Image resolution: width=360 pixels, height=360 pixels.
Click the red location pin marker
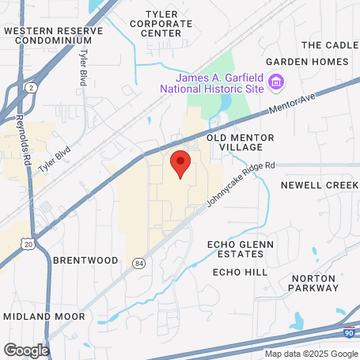point(180,164)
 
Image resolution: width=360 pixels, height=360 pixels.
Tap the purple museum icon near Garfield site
point(276,81)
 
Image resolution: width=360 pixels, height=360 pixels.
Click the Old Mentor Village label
point(241,142)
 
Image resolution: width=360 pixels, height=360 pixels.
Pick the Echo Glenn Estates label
point(235,248)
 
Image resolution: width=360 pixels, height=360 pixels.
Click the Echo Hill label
point(240,271)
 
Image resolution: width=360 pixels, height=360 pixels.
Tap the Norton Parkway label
point(314,282)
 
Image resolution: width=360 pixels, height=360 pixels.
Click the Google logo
point(26,349)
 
